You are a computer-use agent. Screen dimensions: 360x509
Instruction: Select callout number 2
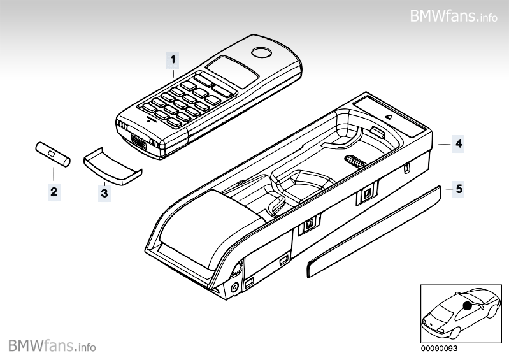[54, 191]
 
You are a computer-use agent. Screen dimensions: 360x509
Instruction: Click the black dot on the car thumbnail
[468, 306]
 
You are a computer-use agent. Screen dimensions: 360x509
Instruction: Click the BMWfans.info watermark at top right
[454, 15]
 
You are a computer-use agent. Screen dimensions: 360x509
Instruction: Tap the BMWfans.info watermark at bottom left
[52, 346]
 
